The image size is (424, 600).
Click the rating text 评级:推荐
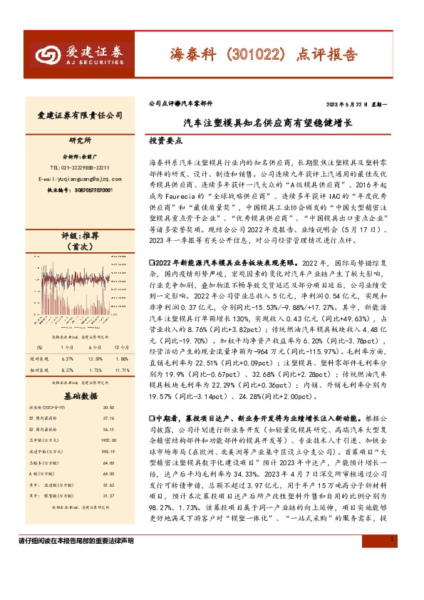(79, 235)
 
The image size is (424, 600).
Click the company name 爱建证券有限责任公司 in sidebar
(79, 115)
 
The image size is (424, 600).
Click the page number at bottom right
(393, 581)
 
